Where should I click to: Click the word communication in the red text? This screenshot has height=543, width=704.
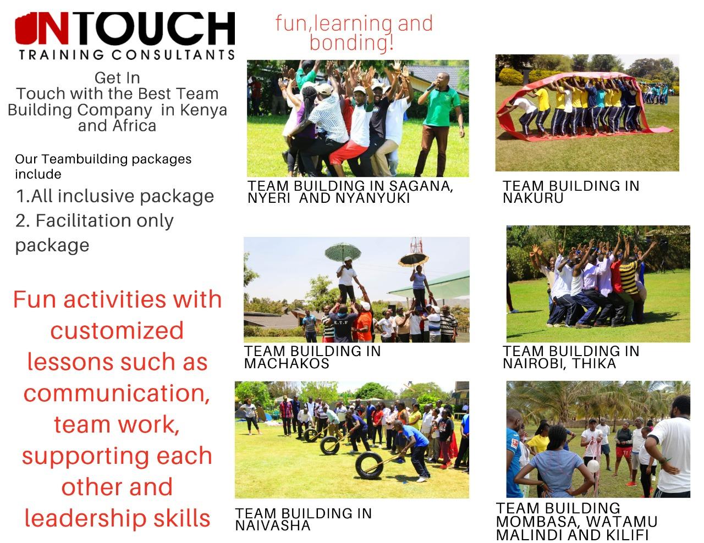point(117,393)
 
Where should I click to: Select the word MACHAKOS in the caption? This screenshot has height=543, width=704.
point(287,363)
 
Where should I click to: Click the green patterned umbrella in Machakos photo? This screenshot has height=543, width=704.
point(343,252)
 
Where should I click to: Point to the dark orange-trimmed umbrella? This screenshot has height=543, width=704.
point(414,258)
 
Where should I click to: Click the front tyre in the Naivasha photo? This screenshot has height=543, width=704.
point(369,465)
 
